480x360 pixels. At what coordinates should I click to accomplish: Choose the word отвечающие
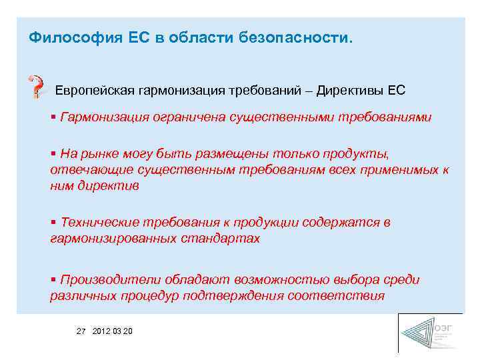pos(83,170)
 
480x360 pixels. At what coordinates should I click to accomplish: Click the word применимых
pos(400,170)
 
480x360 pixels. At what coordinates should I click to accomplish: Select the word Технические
pos(99,222)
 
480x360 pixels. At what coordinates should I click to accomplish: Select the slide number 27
pos(82,331)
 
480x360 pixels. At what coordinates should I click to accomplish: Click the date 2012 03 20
pos(113,331)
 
